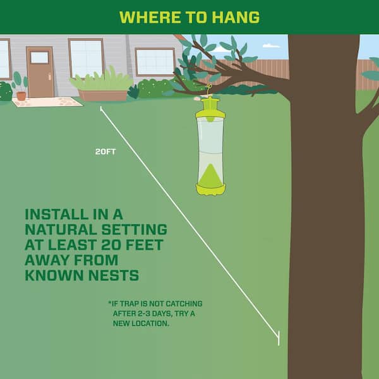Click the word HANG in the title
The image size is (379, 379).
236,17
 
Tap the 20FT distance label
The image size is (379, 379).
105,152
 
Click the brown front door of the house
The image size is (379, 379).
40,72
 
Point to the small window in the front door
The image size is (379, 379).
39,57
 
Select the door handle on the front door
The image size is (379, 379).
49,76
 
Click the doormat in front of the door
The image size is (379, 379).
47,102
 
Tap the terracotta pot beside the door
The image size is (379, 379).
21,96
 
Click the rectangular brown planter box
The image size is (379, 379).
103,95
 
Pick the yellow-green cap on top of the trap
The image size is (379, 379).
210,108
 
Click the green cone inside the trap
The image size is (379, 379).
210,176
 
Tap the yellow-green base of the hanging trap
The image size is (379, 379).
211,189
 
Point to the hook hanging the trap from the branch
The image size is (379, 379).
208,90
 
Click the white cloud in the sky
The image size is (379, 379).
272,45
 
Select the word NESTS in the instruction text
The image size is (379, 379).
113,275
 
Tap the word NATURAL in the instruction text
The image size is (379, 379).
61,230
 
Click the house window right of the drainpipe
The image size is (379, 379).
155,62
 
